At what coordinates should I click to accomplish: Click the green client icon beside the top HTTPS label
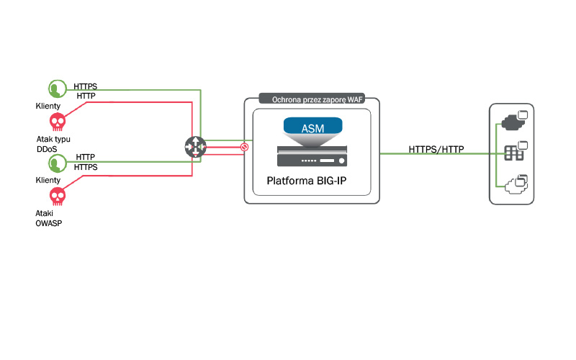(x=55, y=89)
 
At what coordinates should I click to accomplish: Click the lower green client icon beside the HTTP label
(x=55, y=163)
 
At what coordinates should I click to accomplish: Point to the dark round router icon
(x=194, y=145)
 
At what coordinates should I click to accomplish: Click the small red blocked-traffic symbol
(x=244, y=147)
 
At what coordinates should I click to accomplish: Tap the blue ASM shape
(x=312, y=129)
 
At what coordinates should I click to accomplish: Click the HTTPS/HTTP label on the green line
(x=436, y=150)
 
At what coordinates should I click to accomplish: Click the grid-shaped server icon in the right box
(x=513, y=153)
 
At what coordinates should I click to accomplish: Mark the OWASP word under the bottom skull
(x=50, y=222)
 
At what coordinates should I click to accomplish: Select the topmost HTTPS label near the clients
(x=86, y=86)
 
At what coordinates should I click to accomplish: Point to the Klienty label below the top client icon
(x=48, y=106)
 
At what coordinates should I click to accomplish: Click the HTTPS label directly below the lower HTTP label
(x=86, y=167)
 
